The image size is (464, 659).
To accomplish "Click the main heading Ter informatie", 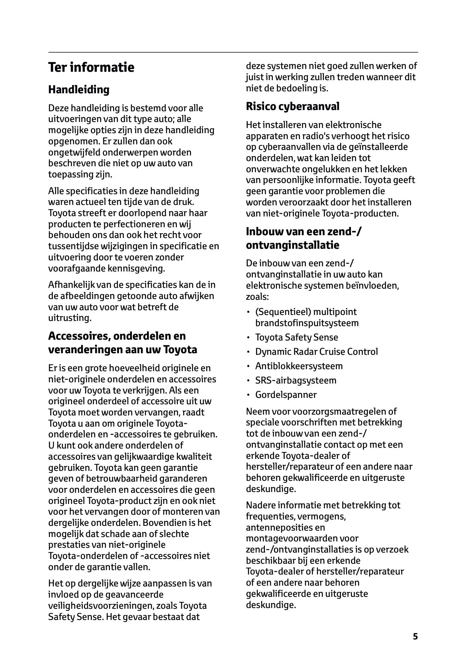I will [91, 67].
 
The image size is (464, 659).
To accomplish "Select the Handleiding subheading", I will [78, 90].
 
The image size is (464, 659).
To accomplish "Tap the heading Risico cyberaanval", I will [292, 106].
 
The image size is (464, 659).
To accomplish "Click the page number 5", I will [415, 636].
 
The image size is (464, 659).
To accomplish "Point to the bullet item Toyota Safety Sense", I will [296, 337].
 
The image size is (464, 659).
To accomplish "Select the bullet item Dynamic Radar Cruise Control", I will [316, 352].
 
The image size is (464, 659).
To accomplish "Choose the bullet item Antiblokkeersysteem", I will [299, 366].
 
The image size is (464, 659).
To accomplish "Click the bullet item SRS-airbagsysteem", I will [296, 380].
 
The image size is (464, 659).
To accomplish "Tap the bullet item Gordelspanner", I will [286, 395].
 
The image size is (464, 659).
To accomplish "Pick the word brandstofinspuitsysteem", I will [307, 323].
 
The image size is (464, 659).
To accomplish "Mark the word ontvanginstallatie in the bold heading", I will [292, 245].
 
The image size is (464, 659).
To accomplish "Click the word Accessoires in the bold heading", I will [79, 336].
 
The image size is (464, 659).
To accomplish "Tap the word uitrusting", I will [70, 318].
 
